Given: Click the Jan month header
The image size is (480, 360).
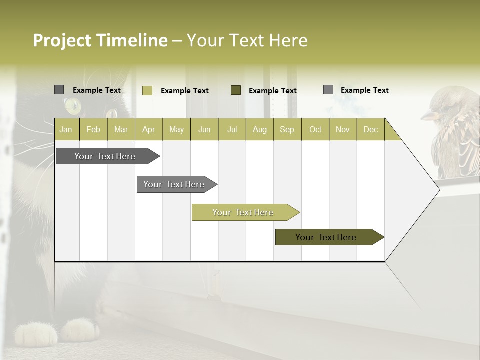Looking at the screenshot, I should (x=66, y=129).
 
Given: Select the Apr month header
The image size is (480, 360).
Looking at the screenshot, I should (x=149, y=129).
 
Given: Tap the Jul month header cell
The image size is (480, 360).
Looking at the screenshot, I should (x=232, y=129).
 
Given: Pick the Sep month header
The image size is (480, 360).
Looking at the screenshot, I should (x=287, y=129).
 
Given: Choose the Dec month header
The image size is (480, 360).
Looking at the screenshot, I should (x=370, y=129).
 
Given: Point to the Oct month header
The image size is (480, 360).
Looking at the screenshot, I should (x=315, y=129).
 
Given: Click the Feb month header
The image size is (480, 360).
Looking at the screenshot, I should (x=93, y=129).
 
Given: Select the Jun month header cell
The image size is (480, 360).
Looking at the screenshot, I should (x=204, y=129).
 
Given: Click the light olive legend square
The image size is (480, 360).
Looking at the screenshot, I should (x=147, y=90).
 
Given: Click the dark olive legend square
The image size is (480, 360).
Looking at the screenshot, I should (x=236, y=90).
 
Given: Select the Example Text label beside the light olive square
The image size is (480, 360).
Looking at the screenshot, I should (x=185, y=91).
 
